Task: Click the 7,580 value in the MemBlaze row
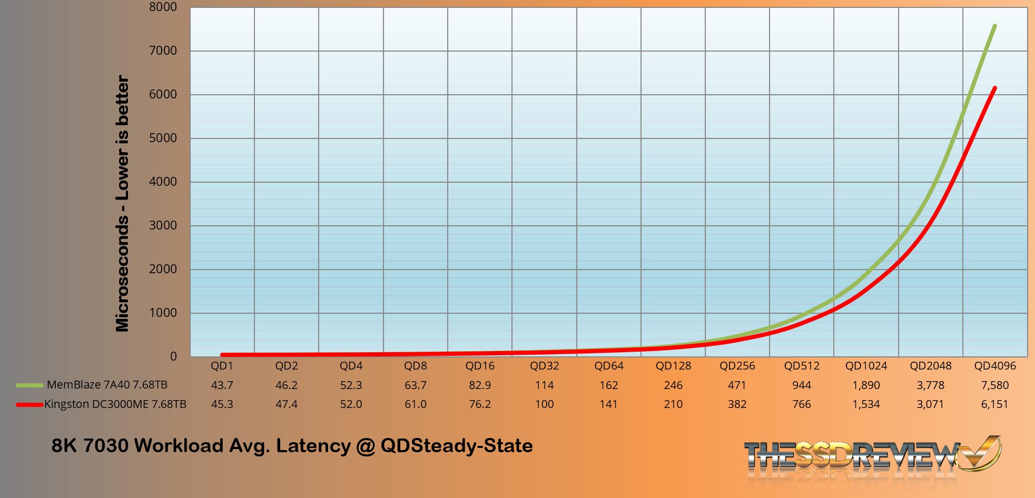coord(994,385)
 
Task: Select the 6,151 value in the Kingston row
coord(994,404)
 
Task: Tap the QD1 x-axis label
coord(222,366)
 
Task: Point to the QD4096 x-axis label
coord(994,366)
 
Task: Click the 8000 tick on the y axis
coord(163,7)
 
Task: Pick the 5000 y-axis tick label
coord(163,138)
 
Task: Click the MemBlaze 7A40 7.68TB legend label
coord(107,385)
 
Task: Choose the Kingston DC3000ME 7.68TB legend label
coord(115,404)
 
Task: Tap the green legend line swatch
coord(29,385)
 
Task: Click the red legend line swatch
coord(29,405)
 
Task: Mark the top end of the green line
coord(994,26)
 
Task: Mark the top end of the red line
coord(994,88)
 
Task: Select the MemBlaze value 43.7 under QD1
coord(222,385)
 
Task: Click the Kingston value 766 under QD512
coord(802,404)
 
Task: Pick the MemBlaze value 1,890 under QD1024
coord(866,385)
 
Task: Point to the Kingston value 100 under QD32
coord(544,404)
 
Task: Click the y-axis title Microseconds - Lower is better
coord(122,203)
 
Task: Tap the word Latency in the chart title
coord(313,446)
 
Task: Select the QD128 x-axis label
coord(673,366)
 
